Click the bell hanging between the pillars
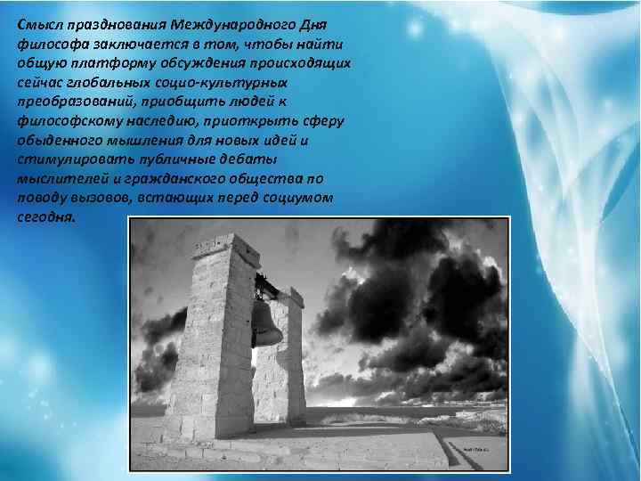[266, 325]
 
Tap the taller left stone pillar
[213, 347]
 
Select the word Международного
[232, 24]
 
